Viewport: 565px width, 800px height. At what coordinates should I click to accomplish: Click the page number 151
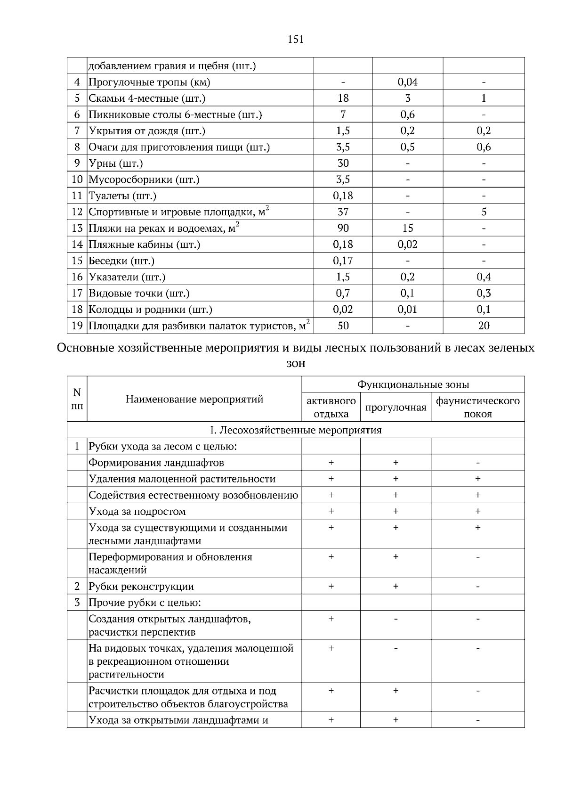pos(296,40)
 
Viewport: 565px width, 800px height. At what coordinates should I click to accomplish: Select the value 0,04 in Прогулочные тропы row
pos(407,82)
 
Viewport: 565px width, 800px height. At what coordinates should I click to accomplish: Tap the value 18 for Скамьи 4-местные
pos(343,98)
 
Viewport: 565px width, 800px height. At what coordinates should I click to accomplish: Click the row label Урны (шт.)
pos(116,163)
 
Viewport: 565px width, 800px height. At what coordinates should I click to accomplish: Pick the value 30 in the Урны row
pos(343,163)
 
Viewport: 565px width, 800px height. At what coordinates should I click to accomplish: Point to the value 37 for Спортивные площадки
pos(343,212)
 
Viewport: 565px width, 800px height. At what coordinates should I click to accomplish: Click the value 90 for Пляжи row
pos(343,228)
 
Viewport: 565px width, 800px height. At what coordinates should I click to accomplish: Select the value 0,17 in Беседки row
pos(343,261)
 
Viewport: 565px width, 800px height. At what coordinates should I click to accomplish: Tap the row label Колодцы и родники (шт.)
pos(150,310)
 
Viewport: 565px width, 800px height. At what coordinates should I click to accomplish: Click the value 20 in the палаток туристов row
pos(484,326)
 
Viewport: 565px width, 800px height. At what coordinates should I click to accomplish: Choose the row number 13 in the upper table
pos(77,229)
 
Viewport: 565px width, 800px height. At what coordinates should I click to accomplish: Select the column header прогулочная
pos(395,408)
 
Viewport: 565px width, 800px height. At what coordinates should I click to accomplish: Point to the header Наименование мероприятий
pos(194,400)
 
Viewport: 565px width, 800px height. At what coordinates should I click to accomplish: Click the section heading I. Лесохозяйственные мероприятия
pos(296,430)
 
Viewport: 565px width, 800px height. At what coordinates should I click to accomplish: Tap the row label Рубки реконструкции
pos(141,587)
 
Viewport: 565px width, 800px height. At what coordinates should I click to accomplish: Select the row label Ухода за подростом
pos(137,512)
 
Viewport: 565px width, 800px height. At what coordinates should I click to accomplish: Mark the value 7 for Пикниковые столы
pos(343,114)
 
